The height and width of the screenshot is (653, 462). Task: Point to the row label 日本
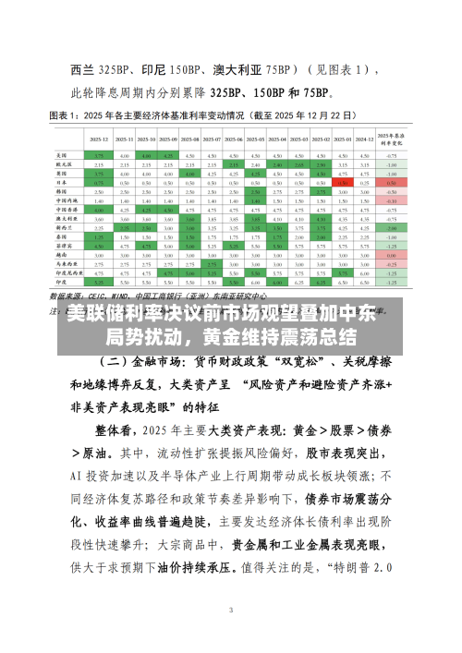click(62, 183)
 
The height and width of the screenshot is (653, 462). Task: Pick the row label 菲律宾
click(64, 248)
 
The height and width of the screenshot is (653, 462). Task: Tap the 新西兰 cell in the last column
click(392, 227)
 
